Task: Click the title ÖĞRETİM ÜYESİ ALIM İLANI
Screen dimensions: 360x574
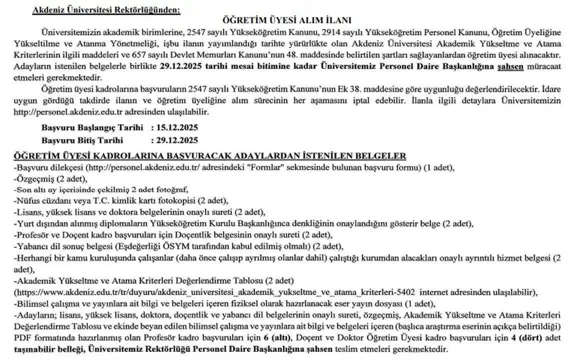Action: click(287, 20)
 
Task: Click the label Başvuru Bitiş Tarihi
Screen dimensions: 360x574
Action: click(83, 140)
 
